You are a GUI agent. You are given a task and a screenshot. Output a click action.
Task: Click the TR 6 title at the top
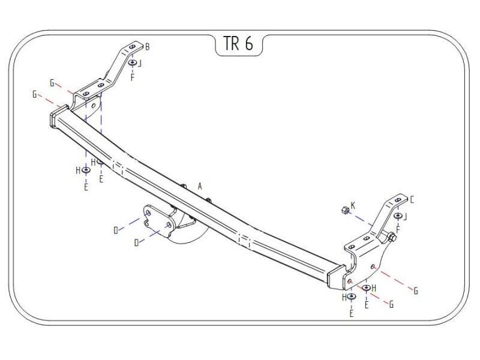pos(239,45)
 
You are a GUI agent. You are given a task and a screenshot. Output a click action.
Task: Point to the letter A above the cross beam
pos(200,187)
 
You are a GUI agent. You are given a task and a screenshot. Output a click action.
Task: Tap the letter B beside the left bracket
pos(148,46)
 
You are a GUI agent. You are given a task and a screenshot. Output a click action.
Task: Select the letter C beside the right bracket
pos(412,199)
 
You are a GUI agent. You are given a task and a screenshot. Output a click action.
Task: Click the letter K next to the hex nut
pos(353,206)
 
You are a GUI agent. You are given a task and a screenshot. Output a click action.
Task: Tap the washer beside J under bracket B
pos(133,62)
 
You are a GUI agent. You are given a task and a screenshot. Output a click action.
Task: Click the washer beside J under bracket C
pos(398,216)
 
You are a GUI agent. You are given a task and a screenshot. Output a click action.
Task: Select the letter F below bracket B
pos(132,77)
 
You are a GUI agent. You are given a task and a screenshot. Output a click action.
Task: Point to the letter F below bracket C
pos(398,229)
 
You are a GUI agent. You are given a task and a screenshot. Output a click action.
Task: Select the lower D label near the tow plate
pos(137,242)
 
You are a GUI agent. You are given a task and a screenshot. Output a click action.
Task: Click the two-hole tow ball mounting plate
pos(158,219)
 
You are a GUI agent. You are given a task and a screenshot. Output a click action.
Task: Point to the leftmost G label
pos(35,94)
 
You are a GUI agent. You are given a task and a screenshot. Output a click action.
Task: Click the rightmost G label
pos(415,291)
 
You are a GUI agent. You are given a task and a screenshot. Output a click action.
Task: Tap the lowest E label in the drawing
pos(352,313)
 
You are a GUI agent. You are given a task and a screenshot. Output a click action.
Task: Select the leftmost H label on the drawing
pos(78,170)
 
